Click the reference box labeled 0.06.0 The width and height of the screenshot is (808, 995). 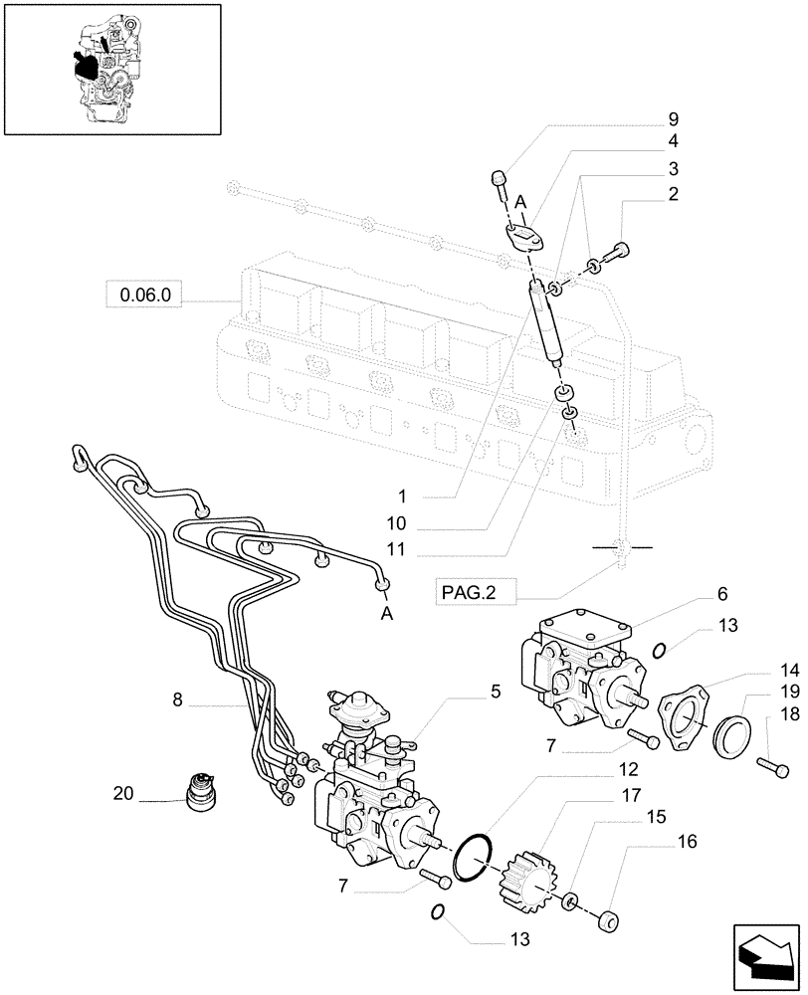(x=144, y=295)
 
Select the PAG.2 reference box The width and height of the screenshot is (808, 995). (x=467, y=594)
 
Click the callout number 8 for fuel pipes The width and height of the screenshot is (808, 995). (x=177, y=700)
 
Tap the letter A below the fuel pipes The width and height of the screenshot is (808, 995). (x=387, y=614)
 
